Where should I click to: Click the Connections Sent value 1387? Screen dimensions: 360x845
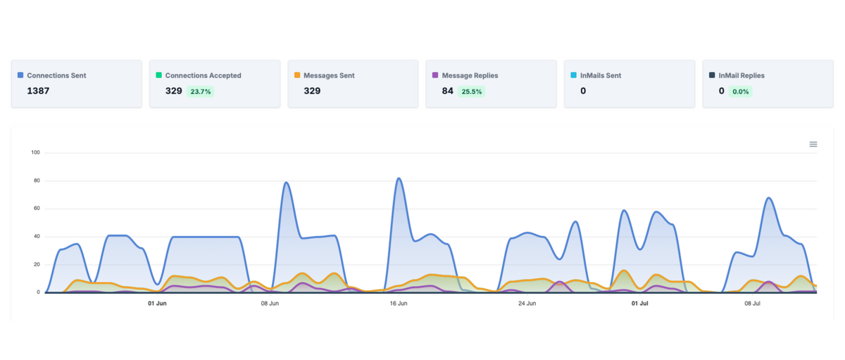point(38,91)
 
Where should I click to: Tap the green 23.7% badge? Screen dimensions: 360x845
point(201,92)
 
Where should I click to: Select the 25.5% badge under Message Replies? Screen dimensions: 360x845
point(471,92)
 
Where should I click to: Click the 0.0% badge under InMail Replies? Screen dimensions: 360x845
point(740,92)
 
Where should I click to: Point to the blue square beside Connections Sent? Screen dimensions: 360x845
point(20,75)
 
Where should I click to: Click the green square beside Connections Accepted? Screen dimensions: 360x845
point(158,75)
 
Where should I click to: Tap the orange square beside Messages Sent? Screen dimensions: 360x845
point(297,75)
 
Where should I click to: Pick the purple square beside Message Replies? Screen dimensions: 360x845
point(435,75)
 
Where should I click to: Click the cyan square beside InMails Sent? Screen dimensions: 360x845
point(573,75)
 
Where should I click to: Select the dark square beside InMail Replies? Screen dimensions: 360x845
point(712,75)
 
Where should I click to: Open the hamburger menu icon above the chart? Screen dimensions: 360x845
point(813,144)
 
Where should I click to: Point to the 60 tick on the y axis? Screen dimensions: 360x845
point(37,209)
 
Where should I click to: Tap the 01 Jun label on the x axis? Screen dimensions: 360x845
point(157,304)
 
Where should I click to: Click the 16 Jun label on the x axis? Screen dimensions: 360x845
point(398,304)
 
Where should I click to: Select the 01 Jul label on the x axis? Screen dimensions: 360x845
point(639,304)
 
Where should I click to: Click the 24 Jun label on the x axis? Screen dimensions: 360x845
point(527,304)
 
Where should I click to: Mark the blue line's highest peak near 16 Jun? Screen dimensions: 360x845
point(399,178)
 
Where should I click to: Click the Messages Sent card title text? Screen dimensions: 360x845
point(329,75)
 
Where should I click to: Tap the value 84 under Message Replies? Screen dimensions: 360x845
point(447,91)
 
